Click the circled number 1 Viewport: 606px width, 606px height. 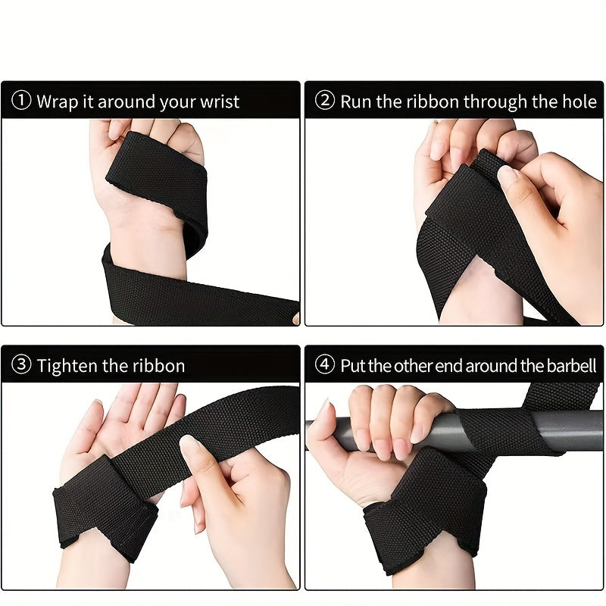[22, 102]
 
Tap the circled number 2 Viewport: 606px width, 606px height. [325, 102]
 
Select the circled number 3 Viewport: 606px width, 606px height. [22, 366]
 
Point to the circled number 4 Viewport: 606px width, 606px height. [325, 365]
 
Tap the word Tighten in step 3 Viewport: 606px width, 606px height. [71, 366]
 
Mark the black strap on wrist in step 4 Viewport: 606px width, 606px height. [424, 508]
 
